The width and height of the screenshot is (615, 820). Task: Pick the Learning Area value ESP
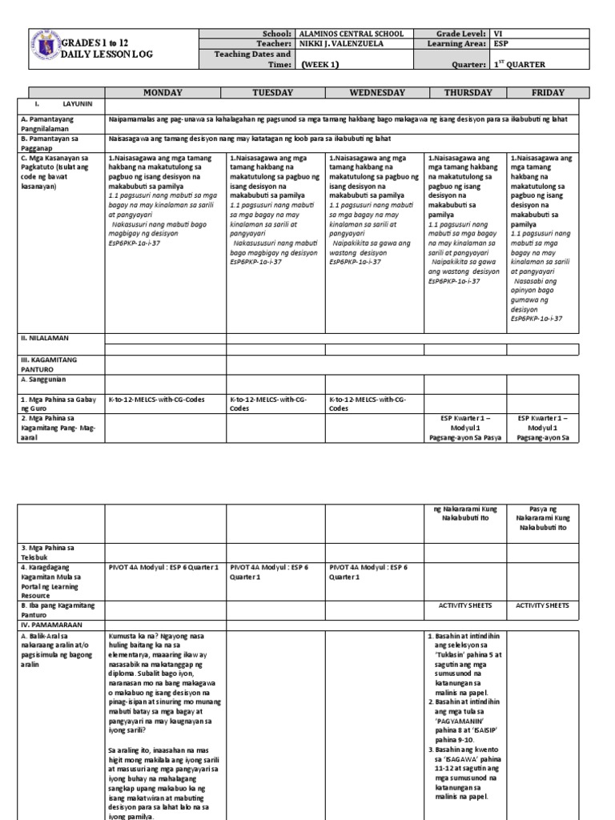coord(502,44)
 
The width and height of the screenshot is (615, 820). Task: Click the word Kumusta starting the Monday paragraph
coord(124,635)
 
